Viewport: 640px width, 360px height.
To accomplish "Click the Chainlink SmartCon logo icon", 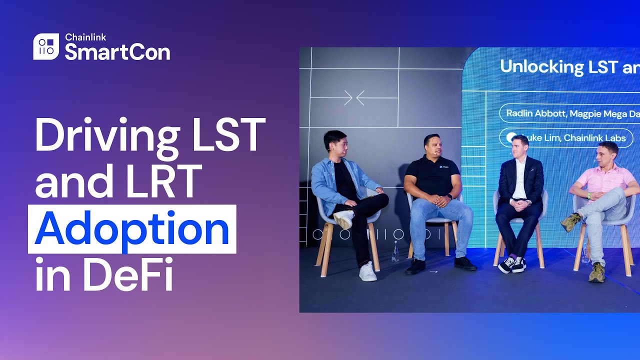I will [x=46, y=46].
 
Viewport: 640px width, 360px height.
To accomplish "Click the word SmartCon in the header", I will [x=117, y=52].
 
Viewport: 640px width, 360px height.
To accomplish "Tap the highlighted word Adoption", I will [x=132, y=229].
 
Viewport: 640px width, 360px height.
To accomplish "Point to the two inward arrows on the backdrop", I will [x=354, y=97].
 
